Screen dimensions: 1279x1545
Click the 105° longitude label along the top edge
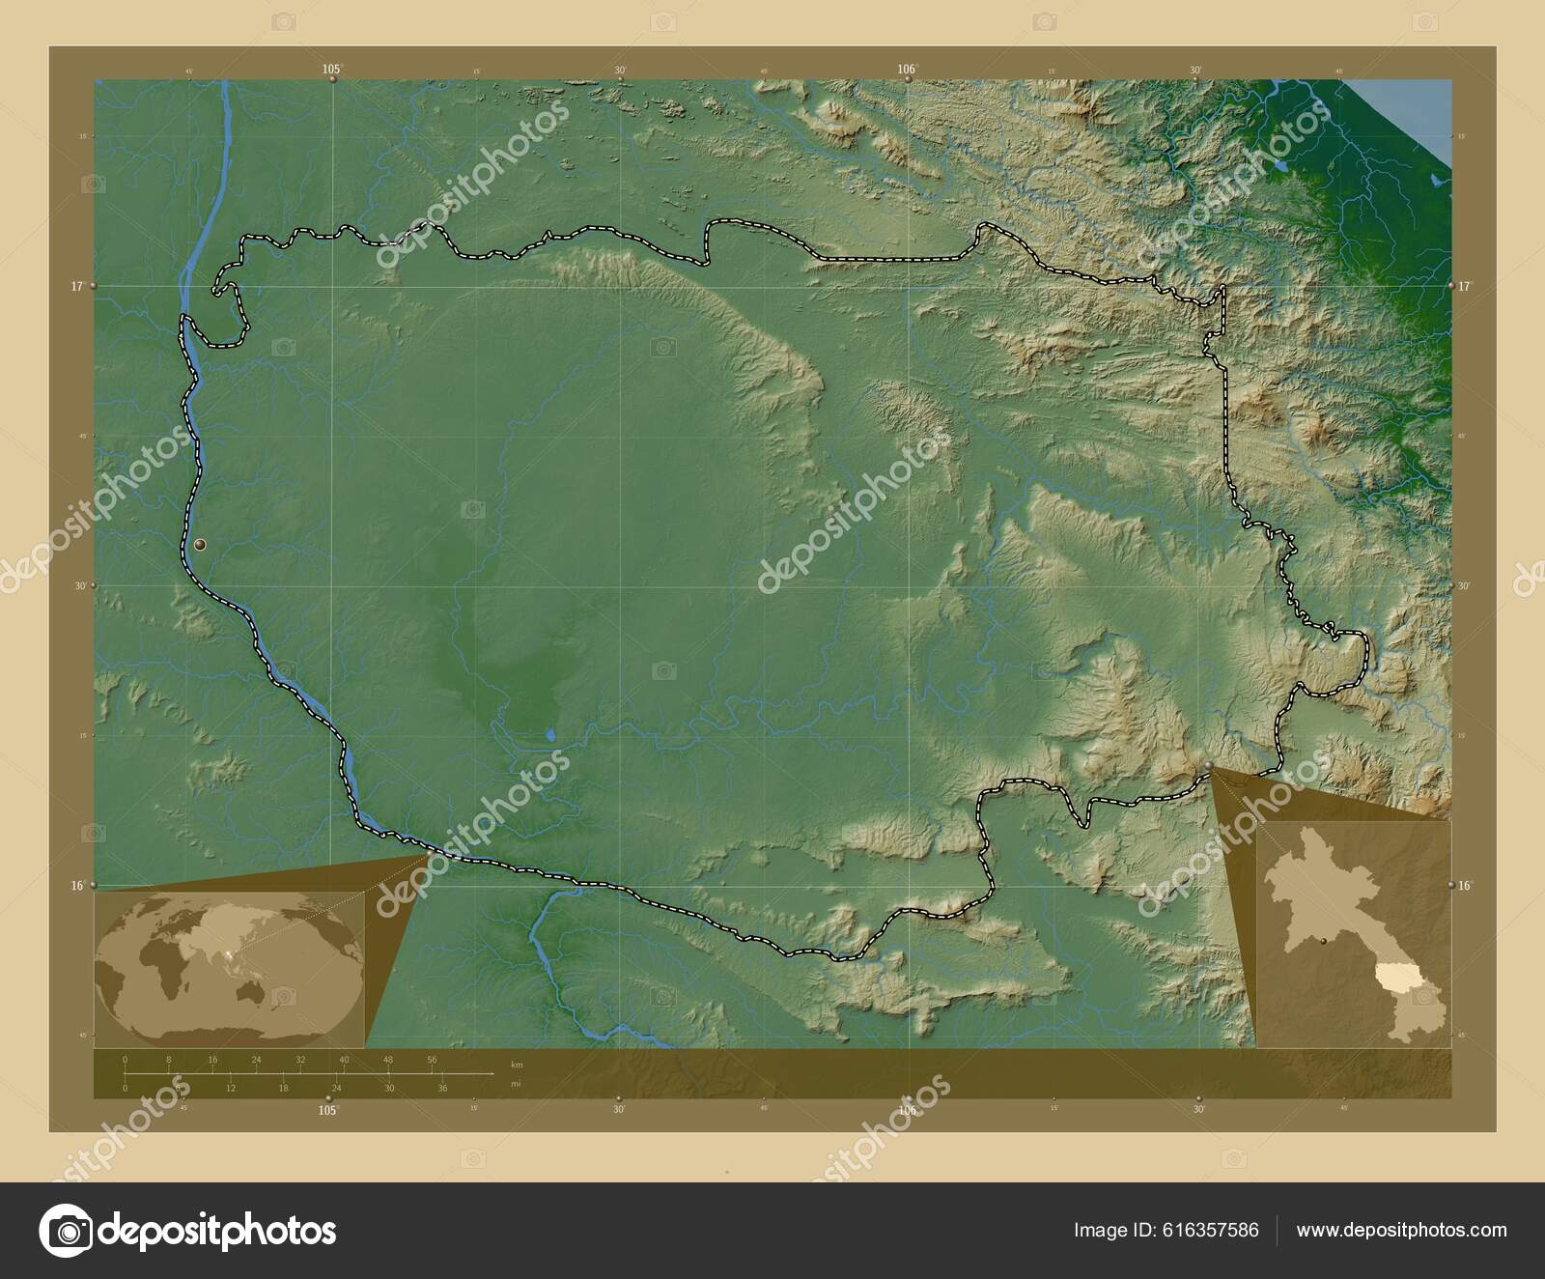tap(332, 69)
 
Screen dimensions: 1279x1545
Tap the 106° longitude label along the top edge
tap(907, 69)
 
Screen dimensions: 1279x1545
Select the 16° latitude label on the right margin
tap(1464, 885)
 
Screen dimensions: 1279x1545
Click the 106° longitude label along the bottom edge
tap(907, 1110)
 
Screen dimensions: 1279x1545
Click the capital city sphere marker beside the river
tap(200, 546)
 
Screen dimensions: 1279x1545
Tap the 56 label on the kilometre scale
tap(432, 1060)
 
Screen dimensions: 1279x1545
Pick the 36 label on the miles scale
tap(442, 1089)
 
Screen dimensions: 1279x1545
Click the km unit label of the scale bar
tap(517, 1065)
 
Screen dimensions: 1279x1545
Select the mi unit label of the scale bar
tap(516, 1084)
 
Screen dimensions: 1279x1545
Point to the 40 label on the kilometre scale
tap(344, 1060)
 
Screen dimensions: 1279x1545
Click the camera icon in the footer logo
tap(65, 1231)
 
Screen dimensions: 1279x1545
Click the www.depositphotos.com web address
tap(1401, 1230)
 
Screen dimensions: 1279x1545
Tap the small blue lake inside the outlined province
tap(550, 736)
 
